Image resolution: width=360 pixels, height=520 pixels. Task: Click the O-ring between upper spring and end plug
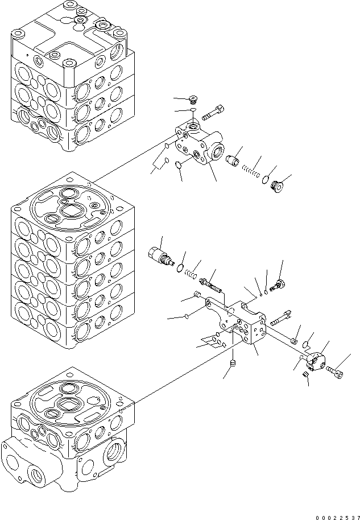[264, 180]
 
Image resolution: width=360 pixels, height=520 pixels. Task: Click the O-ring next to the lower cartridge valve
[180, 267]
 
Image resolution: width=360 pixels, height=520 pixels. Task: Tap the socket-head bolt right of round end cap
[334, 371]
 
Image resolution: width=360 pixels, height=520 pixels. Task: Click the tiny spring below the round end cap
[305, 375]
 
